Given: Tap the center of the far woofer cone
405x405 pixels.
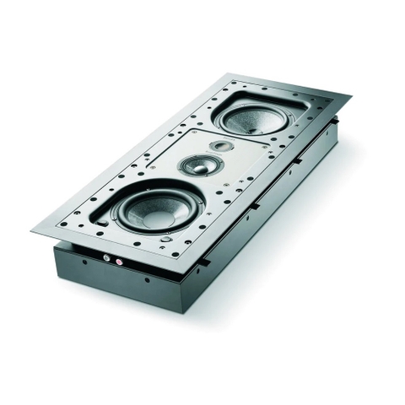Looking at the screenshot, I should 255,118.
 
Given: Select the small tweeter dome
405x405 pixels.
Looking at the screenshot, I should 221,147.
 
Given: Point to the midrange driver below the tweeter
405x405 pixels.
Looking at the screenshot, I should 201,165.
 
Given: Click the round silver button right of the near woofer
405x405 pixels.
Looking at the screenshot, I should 166,239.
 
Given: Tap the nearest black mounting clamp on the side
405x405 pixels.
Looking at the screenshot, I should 202,262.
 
